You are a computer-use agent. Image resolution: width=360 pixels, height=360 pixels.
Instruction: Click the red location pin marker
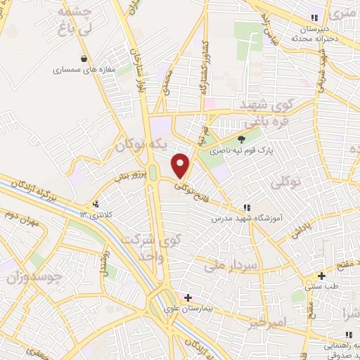(x=181, y=165)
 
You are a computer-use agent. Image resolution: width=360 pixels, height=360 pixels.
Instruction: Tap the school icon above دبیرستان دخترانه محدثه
(x=314, y=19)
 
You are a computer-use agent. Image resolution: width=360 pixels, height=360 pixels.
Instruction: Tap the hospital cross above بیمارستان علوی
(x=188, y=297)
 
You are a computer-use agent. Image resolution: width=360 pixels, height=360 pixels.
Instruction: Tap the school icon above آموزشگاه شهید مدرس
(x=247, y=207)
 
